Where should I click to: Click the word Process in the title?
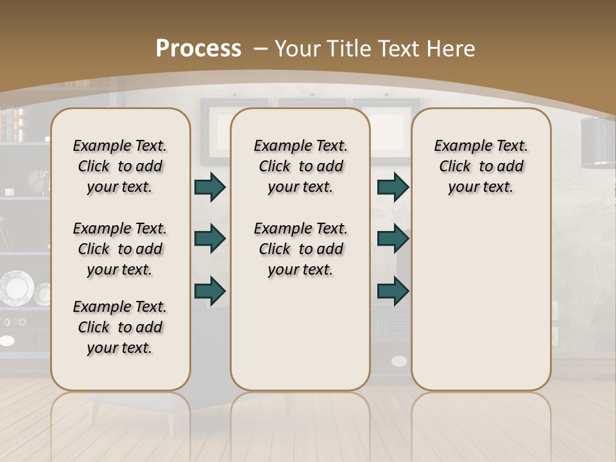pyautogui.click(x=198, y=49)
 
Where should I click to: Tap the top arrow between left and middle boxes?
pyautogui.click(x=210, y=187)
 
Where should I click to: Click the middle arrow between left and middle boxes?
pyautogui.click(x=210, y=239)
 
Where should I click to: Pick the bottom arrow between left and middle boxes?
pyautogui.click(x=210, y=291)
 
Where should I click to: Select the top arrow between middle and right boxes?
pyautogui.click(x=393, y=187)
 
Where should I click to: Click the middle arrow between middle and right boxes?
pyautogui.click(x=393, y=239)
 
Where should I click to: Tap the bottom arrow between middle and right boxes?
pyautogui.click(x=393, y=291)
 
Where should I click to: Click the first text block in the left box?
pyautogui.click(x=120, y=166)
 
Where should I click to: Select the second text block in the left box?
pyautogui.click(x=120, y=249)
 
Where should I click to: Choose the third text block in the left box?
pyautogui.click(x=120, y=327)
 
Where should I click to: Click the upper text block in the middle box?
pyautogui.click(x=300, y=166)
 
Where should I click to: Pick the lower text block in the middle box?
pyautogui.click(x=300, y=249)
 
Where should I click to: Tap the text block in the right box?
pyautogui.click(x=481, y=166)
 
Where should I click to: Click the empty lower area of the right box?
pyautogui.click(x=481, y=302)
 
